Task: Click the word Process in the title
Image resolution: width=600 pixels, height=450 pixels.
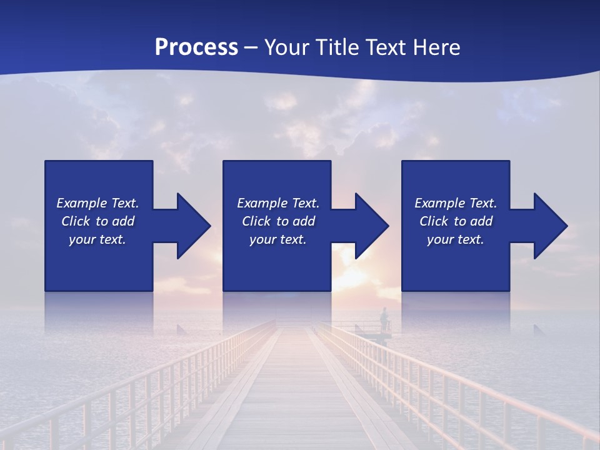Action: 196,47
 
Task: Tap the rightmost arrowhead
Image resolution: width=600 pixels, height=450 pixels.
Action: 546,226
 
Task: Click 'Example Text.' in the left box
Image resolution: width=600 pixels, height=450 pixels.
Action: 97,203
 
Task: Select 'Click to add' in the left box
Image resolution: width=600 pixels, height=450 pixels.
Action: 97,221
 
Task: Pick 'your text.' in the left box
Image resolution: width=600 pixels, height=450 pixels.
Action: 97,239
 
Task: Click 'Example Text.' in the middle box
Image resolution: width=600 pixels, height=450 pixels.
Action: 278,203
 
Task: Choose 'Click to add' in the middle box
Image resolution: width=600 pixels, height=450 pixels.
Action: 278,221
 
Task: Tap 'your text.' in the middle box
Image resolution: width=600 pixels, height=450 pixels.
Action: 278,239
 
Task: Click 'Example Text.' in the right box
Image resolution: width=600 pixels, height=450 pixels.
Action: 456,203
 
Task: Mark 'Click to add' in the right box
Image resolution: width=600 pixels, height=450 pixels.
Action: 456,221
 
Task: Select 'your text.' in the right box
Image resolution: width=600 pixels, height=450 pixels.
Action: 456,239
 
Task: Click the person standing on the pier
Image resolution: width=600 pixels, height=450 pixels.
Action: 384,319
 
